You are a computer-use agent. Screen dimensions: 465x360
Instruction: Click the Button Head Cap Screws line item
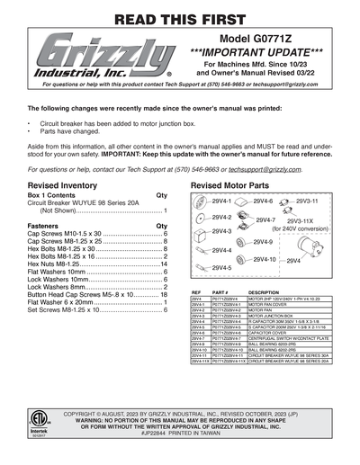pyautogui.click(x=81, y=294)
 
